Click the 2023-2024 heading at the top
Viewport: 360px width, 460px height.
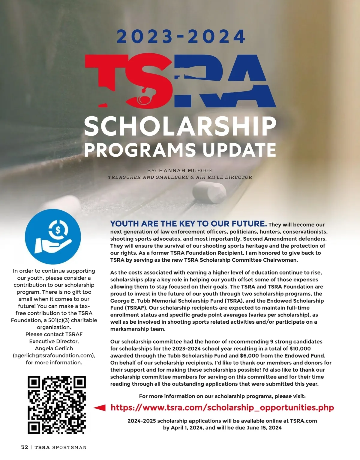tap(181, 37)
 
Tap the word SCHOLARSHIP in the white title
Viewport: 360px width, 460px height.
tap(180, 126)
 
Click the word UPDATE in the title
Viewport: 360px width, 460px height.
tap(239, 150)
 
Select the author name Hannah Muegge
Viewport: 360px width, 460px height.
tap(185, 171)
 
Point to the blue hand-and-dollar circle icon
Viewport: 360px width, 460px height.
tap(53, 236)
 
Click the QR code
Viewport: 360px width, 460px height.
tap(57, 405)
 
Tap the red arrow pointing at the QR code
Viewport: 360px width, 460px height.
tap(100, 408)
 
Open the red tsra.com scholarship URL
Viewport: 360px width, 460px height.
tap(222, 408)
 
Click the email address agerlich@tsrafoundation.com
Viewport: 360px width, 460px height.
tap(54, 355)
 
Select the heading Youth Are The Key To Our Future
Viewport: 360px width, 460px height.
tap(188, 224)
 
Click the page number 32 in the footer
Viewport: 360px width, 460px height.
tap(24, 447)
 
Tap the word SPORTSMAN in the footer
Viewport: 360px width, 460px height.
tap(69, 447)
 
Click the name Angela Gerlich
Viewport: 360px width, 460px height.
tap(54, 348)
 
